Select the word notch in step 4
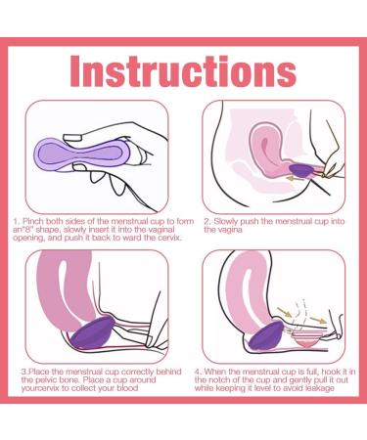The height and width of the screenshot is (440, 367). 238,380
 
